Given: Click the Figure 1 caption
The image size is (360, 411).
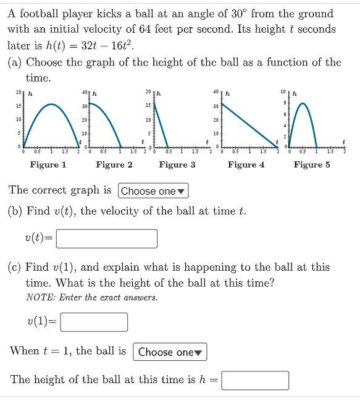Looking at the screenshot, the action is (48, 164).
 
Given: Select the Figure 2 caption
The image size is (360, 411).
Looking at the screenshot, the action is (114, 164).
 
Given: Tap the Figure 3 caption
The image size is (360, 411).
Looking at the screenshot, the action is (177, 164).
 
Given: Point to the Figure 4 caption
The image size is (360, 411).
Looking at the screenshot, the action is (246, 164).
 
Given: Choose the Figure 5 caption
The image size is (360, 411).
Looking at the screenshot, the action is (312, 164).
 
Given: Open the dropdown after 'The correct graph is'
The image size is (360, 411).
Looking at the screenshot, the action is (154, 191).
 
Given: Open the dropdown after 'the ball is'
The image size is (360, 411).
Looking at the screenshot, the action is (170, 352).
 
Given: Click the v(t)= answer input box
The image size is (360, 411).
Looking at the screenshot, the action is (106, 238).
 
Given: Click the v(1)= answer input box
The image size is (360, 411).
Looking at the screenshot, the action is (94, 321).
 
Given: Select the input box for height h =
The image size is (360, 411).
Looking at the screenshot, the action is (255, 380).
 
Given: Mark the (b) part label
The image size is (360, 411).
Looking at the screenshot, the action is (16, 211).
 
